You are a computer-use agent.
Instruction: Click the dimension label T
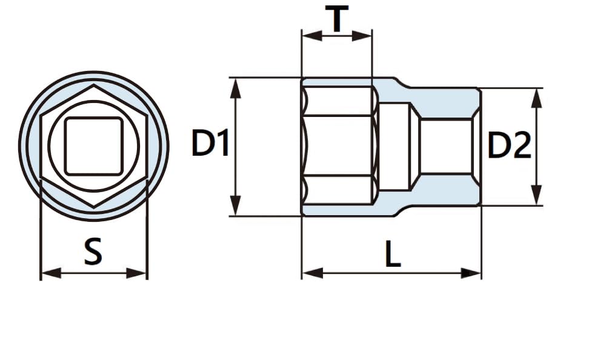click(337, 20)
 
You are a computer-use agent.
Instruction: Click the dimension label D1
click(210, 145)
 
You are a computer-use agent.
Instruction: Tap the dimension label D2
click(509, 146)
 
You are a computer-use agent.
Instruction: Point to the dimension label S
click(92, 252)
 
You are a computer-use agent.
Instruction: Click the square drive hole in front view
click(94, 146)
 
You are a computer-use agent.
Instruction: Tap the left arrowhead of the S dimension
click(48, 273)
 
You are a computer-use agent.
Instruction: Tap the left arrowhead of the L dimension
click(310, 273)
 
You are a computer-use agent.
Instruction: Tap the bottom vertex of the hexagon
click(94, 208)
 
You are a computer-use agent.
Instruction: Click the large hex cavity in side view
click(339, 145)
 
